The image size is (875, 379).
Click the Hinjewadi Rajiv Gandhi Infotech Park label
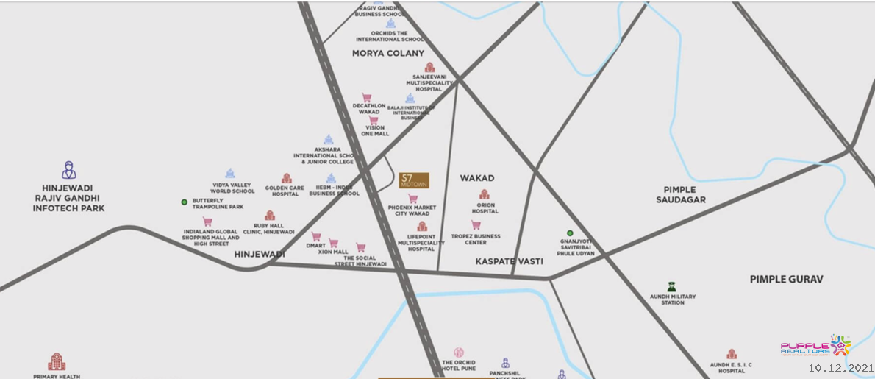(68, 198)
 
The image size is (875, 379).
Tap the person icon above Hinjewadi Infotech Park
(68, 170)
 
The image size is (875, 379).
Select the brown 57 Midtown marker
(414, 180)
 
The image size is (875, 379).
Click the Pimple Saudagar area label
(684, 194)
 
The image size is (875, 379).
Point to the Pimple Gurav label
(786, 279)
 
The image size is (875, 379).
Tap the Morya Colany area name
(387, 53)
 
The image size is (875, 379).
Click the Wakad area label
(476, 178)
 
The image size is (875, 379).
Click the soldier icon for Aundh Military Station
(671, 286)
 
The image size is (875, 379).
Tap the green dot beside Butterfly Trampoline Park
(185, 202)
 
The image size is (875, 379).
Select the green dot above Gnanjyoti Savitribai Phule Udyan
(570, 233)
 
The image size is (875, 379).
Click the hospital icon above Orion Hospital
(485, 194)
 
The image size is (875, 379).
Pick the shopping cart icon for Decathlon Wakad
(366, 98)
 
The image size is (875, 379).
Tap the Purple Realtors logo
(815, 347)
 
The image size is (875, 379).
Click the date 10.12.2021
(840, 367)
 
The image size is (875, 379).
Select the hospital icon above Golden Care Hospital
(286, 179)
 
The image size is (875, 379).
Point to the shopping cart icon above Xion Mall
(333, 243)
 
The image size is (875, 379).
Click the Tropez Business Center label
(476, 239)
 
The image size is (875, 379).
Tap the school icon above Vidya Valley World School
(230, 174)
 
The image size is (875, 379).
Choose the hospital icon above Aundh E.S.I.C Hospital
(732, 354)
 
